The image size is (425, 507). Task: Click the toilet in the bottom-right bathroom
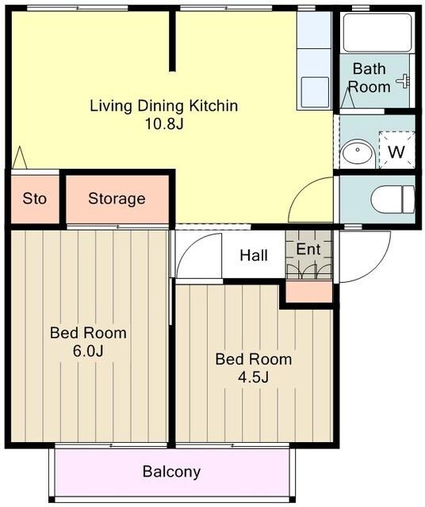pyautogui.click(x=392, y=199)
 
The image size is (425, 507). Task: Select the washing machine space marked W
pyautogui.click(x=396, y=150)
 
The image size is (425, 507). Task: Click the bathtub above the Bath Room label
pyautogui.click(x=377, y=32)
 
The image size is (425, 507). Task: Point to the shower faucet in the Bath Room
pyautogui.click(x=404, y=81)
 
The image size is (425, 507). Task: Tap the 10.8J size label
pyautogui.click(x=164, y=124)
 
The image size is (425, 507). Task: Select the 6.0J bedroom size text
pyautogui.click(x=88, y=351)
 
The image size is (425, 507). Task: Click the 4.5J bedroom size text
pyautogui.click(x=253, y=377)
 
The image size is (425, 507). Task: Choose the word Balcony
pyautogui.click(x=171, y=472)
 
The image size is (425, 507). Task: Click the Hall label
pyautogui.click(x=254, y=255)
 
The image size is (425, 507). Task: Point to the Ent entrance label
pyautogui.click(x=308, y=250)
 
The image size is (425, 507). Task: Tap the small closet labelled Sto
pyautogui.click(x=35, y=199)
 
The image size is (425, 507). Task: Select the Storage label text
pyautogui.click(x=117, y=199)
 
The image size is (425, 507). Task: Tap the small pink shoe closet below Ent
pyautogui.click(x=309, y=292)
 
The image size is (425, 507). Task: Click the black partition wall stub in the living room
pyautogui.click(x=173, y=40)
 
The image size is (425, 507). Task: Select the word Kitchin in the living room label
pyautogui.click(x=213, y=105)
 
